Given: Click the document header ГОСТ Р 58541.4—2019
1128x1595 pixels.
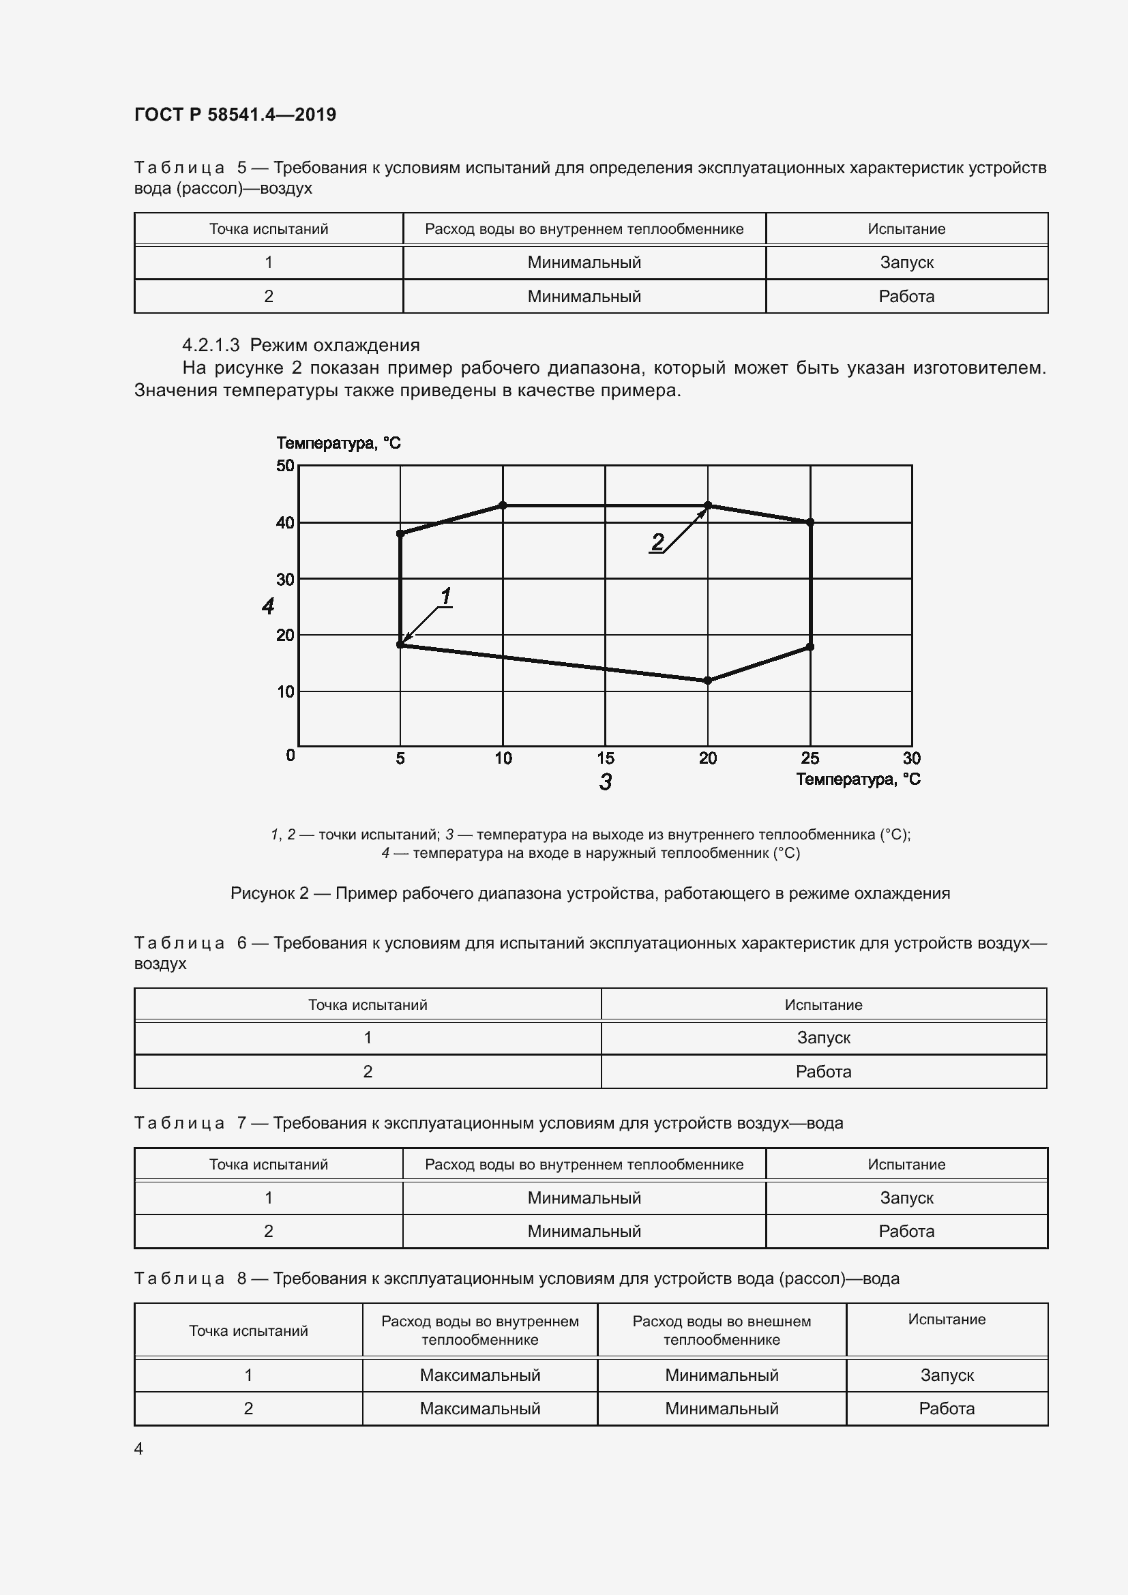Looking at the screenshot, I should click(235, 115).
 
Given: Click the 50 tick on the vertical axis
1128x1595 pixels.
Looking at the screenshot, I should click(285, 466).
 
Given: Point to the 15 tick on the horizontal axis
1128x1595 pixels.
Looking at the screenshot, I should click(605, 758).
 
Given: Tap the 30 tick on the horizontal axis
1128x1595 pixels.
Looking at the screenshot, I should click(911, 758).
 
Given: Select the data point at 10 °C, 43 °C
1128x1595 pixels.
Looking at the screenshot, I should click(503, 505).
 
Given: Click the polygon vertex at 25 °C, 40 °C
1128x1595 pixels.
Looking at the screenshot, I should click(810, 522).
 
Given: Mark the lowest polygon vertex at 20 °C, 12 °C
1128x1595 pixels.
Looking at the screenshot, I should click(708, 681).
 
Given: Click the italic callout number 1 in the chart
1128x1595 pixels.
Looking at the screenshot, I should click(446, 596).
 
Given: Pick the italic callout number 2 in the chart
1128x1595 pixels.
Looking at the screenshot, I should click(657, 541).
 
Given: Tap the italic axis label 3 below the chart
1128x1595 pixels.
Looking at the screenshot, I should click(605, 782).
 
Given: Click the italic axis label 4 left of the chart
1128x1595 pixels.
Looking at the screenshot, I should click(268, 606).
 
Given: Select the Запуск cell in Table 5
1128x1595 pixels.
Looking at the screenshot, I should click(906, 263).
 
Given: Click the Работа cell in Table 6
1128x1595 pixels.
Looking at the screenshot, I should click(823, 1071).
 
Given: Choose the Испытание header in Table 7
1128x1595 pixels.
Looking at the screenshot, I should click(906, 1164).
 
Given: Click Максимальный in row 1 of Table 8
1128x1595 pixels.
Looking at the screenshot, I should click(479, 1375).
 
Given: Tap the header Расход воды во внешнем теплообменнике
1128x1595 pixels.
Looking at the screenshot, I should click(721, 1330).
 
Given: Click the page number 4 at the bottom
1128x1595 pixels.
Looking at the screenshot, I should click(138, 1448).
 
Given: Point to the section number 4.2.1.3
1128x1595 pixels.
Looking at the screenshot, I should click(211, 345).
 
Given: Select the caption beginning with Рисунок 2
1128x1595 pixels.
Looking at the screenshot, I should click(590, 893).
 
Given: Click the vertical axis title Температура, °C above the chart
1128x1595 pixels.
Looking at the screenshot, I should click(338, 443).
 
